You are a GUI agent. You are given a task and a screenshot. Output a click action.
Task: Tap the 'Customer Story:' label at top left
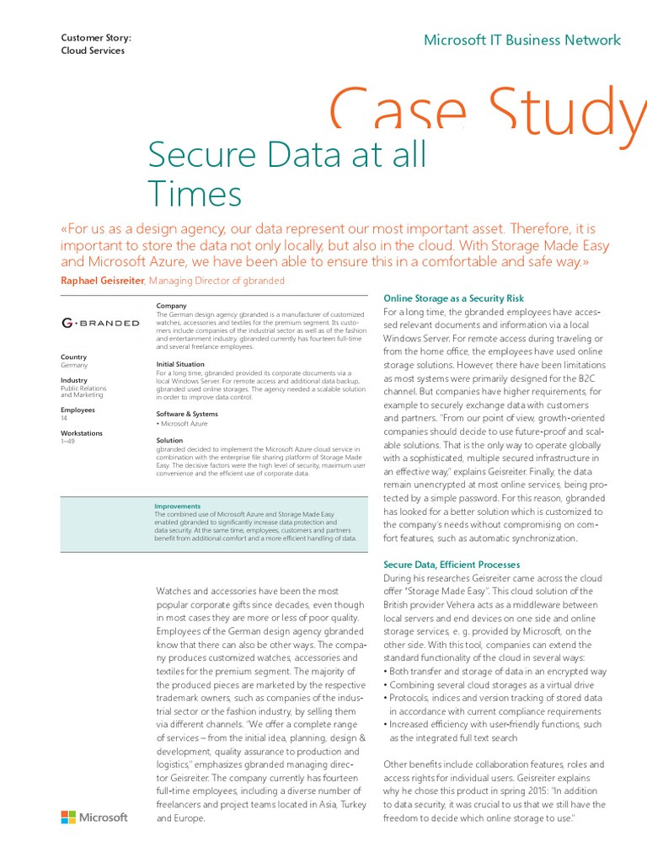point(96,37)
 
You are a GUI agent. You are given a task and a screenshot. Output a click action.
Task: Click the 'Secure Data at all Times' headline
point(286,174)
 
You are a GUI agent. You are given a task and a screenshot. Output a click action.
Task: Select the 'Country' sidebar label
point(74,357)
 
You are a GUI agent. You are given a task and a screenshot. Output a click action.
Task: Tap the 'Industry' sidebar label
point(74,380)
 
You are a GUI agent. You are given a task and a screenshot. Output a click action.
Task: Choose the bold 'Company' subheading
point(171,305)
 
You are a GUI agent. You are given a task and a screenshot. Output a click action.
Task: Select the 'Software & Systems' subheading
point(187,414)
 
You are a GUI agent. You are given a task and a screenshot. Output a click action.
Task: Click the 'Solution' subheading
point(169,440)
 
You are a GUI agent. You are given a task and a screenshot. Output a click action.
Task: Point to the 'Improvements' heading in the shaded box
point(177,507)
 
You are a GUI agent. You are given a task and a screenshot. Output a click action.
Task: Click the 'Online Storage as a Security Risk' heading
point(453,298)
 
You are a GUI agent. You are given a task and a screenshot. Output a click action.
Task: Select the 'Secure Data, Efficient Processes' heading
point(452,564)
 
